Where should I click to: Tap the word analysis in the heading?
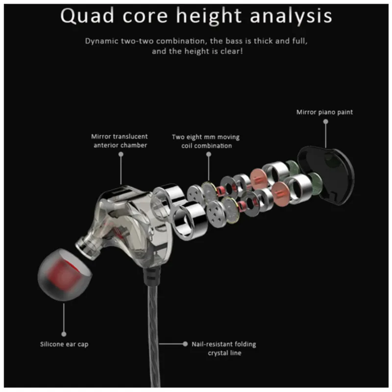point(291,17)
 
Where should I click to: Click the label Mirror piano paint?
point(324,112)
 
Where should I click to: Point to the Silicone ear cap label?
point(64,344)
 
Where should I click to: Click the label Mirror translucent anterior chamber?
point(120,141)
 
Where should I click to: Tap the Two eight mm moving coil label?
point(206,141)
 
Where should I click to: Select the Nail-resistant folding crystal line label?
point(224,348)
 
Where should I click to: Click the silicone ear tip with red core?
point(64,274)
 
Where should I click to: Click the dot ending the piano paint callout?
point(325,122)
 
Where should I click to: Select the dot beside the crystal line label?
point(185,344)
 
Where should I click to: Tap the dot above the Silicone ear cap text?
point(64,334)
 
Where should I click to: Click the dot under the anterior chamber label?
point(121,154)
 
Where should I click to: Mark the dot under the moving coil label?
point(209,154)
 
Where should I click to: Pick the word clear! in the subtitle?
point(231,51)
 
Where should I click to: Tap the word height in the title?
point(209,17)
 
